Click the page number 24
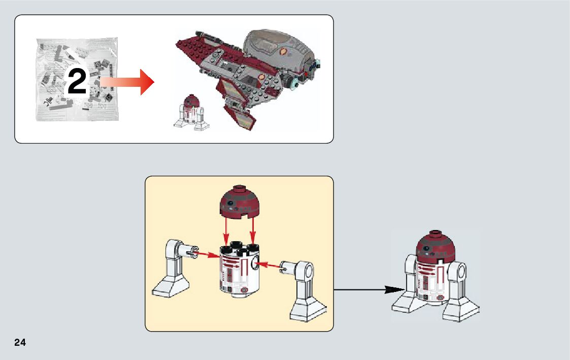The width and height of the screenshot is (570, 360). (20, 342)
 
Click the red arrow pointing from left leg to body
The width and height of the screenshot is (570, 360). (208, 254)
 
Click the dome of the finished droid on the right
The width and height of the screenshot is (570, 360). (435, 246)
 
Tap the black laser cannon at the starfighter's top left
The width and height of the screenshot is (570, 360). (205, 36)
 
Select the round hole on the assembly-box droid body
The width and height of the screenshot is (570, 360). (256, 264)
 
